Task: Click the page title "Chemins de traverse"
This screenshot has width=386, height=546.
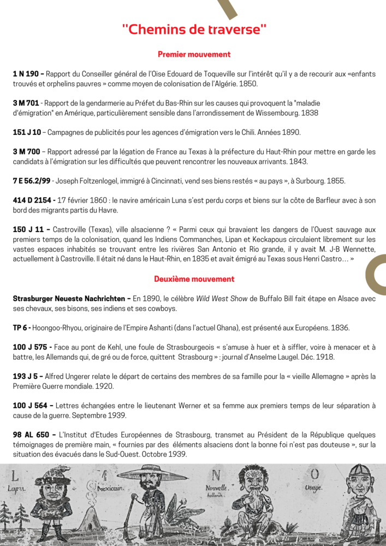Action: tap(194, 29)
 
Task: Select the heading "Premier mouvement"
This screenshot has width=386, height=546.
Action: tap(194, 55)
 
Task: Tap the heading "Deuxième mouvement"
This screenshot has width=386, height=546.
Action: tap(194, 279)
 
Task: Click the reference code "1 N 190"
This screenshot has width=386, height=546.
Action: tap(26, 74)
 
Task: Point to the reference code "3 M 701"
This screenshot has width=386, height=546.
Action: tap(26, 103)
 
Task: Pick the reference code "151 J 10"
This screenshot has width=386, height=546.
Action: tap(27, 132)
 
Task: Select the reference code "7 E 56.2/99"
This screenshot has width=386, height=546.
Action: tap(32, 181)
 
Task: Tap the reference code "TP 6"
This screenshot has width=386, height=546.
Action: tap(21, 328)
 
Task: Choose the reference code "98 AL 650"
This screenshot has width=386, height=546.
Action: tap(32, 435)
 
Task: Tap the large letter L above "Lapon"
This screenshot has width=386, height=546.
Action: tap(15, 476)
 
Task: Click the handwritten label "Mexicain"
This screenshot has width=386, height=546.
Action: tap(109, 486)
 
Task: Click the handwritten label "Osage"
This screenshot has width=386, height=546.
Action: tap(313, 487)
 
